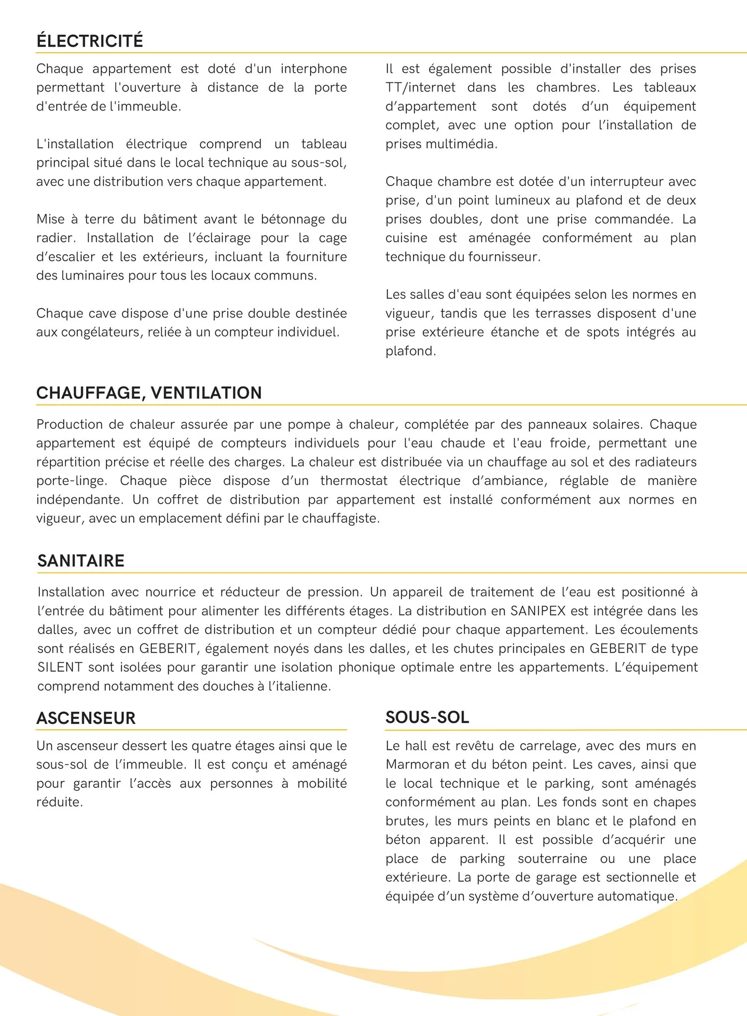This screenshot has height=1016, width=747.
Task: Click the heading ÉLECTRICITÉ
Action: point(89,40)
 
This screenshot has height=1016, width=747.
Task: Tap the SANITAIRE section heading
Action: point(81,561)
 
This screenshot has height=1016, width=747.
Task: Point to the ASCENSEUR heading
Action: point(86,718)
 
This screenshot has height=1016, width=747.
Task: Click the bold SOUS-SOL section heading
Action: point(427,717)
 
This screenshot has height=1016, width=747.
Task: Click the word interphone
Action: point(314,68)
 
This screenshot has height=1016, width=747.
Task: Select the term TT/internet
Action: point(420,87)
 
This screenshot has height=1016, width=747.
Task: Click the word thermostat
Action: point(354,481)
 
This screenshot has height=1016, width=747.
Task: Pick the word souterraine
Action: point(552,859)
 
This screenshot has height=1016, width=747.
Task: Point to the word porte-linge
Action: point(71,481)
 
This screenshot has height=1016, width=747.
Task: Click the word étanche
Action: point(515,332)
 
